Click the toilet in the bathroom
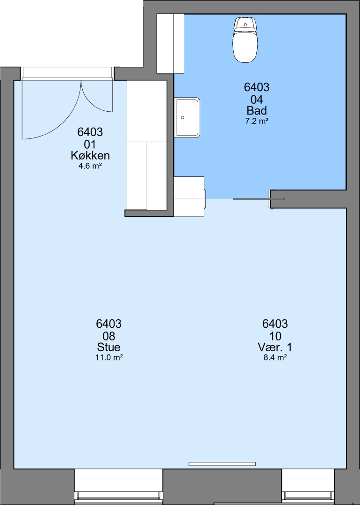point(245,40)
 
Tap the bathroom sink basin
point(188,117)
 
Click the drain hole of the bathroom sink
point(183,117)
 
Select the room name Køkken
point(90,156)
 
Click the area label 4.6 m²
point(90,166)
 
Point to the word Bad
point(257,110)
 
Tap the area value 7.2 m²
point(257,121)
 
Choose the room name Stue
point(109,347)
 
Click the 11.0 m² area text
point(109,358)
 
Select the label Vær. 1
point(275,347)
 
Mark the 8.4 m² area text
point(275,358)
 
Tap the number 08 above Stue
point(109,336)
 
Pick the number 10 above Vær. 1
point(275,336)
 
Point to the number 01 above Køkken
point(90,144)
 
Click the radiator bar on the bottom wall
point(222,464)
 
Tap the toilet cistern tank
point(245,24)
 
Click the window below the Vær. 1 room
point(308,486)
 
